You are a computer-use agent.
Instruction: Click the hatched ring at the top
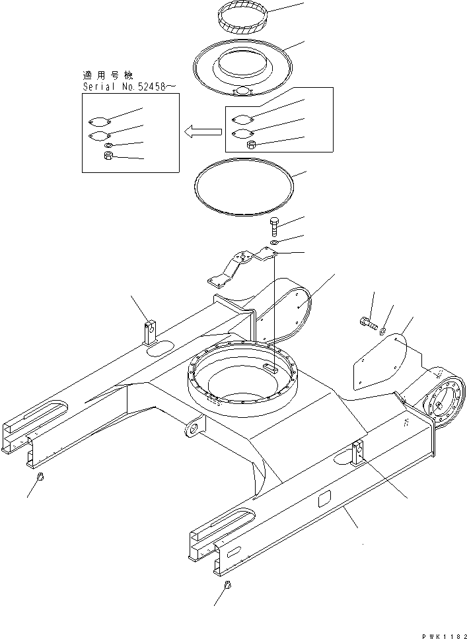242,25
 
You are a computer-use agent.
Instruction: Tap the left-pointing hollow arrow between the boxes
201,133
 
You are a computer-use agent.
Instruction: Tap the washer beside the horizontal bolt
382,327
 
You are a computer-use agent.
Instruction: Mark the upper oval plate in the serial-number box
99,121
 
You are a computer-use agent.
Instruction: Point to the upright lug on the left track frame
151,331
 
